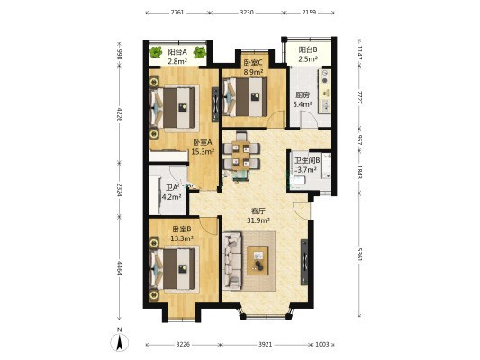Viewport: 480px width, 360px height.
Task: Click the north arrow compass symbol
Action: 120,340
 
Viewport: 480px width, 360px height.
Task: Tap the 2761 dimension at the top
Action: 177,13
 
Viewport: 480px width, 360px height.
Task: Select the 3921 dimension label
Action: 265,344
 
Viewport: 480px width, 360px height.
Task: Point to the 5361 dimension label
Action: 359,254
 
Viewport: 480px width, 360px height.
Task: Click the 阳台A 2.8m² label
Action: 177,57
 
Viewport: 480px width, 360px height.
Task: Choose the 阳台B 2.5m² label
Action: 308,54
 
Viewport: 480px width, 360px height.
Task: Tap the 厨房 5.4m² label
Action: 303,100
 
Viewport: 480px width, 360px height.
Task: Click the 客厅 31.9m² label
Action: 258,215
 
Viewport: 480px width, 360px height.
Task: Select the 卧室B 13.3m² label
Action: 182,233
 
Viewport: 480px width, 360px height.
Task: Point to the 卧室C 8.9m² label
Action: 253,67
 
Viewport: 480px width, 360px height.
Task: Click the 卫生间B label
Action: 307,160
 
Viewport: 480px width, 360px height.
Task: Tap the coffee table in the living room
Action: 258,260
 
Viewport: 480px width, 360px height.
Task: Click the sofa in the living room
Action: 232,261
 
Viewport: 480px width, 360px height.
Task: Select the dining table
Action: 241,156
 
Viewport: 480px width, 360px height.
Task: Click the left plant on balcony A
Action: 156,52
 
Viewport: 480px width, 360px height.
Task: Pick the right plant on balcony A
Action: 200,52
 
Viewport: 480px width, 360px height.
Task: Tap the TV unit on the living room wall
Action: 304,263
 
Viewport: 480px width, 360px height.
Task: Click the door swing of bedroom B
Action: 208,226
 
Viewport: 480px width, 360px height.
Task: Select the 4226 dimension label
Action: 120,113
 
